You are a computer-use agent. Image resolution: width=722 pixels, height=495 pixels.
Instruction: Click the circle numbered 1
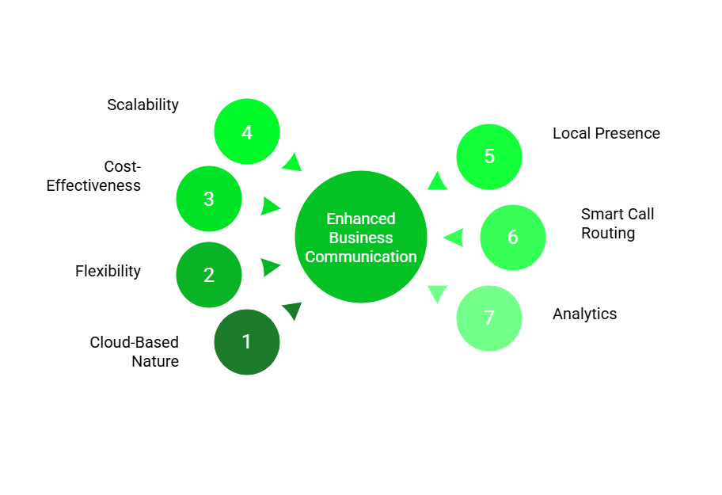(247, 342)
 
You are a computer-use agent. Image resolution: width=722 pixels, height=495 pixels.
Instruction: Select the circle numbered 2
(209, 275)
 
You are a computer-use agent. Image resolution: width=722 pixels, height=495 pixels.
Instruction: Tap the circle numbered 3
(209, 199)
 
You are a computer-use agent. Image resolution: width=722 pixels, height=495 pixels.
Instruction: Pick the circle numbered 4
(247, 132)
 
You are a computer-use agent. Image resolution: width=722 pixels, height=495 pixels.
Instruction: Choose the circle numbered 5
(489, 157)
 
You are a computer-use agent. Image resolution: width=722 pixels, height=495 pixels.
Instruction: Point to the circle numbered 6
(513, 238)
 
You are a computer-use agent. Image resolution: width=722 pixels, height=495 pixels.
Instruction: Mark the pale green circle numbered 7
(489, 318)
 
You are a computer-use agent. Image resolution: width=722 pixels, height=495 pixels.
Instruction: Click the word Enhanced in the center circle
(361, 219)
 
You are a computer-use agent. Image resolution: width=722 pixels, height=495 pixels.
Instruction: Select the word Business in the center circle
(361, 238)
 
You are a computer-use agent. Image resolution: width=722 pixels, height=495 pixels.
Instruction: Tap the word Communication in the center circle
(361, 257)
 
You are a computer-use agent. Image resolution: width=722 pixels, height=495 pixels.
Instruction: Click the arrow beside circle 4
(293, 162)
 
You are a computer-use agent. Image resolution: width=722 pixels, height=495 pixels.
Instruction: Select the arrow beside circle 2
(271, 267)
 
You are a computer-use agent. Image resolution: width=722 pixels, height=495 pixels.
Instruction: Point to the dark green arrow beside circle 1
(292, 310)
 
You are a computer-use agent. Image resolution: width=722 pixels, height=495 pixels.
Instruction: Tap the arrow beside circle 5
(437, 181)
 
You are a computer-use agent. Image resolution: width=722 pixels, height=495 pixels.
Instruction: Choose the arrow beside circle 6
(454, 238)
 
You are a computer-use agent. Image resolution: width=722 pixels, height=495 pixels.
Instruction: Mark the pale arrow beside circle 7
(437, 293)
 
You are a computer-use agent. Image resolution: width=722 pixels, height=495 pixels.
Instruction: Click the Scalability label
(143, 105)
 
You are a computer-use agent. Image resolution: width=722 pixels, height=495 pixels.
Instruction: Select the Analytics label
(584, 314)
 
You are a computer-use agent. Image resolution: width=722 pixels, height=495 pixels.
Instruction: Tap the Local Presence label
(606, 133)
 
